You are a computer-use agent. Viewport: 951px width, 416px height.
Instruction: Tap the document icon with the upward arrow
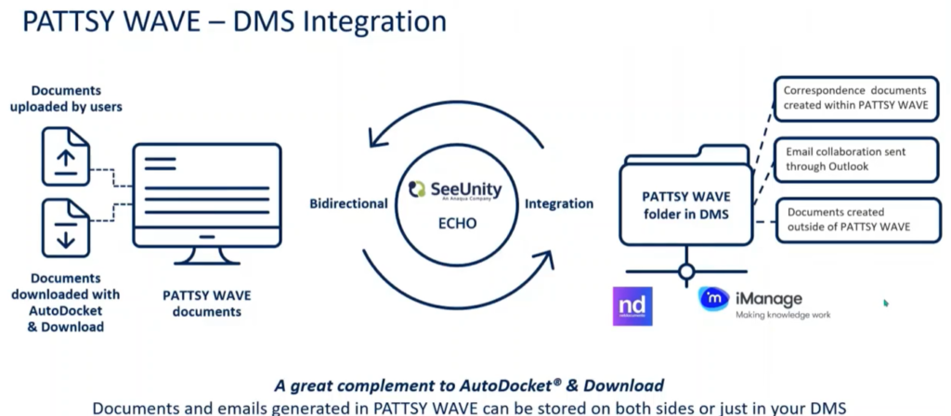(x=65, y=156)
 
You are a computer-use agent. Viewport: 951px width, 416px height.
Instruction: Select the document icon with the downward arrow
(x=65, y=228)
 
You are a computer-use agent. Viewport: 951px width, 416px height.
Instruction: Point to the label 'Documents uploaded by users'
(x=66, y=98)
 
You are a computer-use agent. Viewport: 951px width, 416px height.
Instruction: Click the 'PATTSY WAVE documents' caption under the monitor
(x=206, y=304)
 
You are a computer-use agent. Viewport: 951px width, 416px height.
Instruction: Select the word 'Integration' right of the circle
(x=559, y=203)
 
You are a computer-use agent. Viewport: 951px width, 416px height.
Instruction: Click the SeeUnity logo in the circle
(x=455, y=190)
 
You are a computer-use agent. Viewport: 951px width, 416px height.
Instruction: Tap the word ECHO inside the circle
(x=455, y=224)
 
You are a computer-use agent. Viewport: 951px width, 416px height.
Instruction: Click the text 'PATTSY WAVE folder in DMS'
(x=686, y=205)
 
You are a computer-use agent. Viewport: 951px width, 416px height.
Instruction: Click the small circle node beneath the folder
(x=686, y=272)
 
